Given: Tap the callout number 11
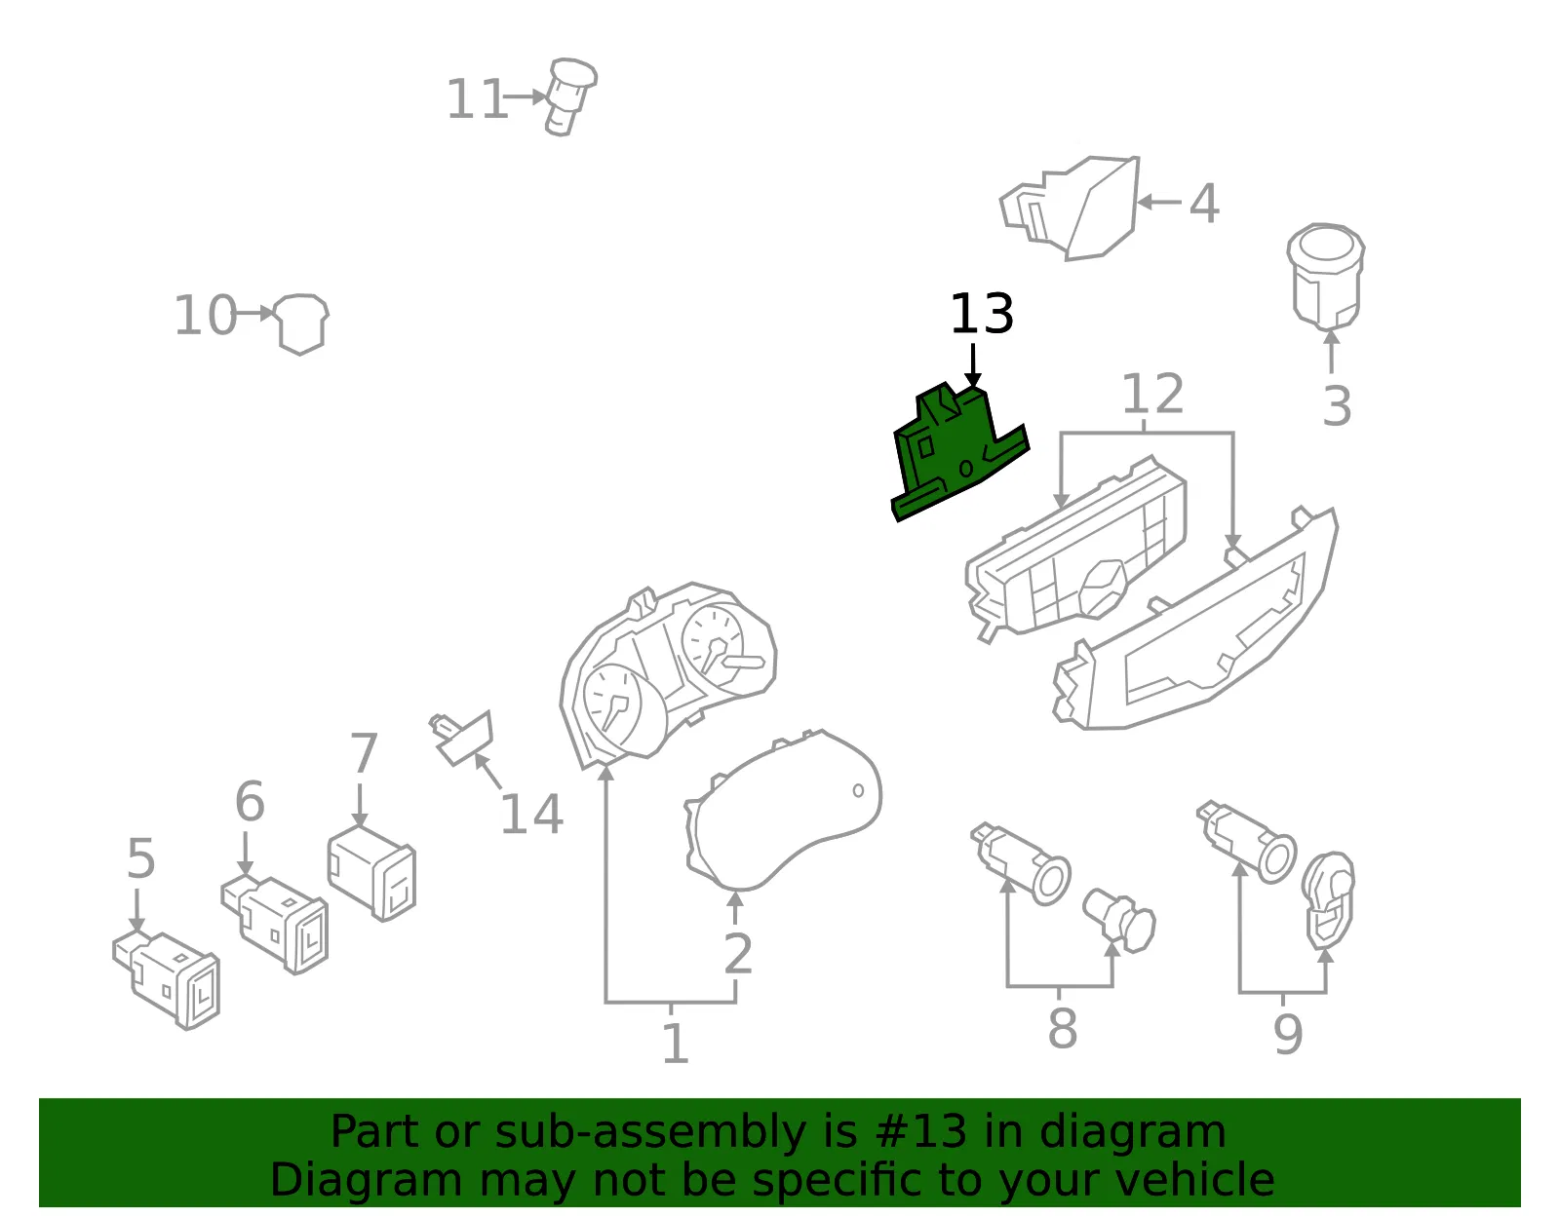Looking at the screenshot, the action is [x=477, y=99].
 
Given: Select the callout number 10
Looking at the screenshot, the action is [x=206, y=315].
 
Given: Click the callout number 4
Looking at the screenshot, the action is [x=1204, y=203].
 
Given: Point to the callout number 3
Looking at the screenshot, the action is [x=1337, y=406].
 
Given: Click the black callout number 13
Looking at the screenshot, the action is [x=982, y=314].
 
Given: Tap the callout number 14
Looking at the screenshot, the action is [x=531, y=815].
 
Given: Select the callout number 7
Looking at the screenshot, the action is [x=364, y=753].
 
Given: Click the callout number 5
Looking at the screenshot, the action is [x=140, y=858].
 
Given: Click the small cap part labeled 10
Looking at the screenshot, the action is [x=301, y=323].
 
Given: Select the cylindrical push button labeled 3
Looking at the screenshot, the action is [x=1325, y=276].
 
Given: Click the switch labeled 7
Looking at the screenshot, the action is [x=371, y=873].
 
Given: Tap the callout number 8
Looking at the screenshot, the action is [x=1063, y=1028].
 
